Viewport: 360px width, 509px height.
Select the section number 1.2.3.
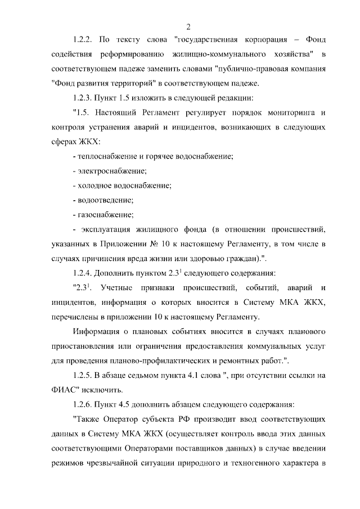click(x=84, y=98)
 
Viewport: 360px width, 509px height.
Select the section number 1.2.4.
click(x=84, y=273)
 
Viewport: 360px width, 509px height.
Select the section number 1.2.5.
click(x=84, y=375)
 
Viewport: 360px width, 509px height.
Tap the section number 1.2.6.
click(x=84, y=404)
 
